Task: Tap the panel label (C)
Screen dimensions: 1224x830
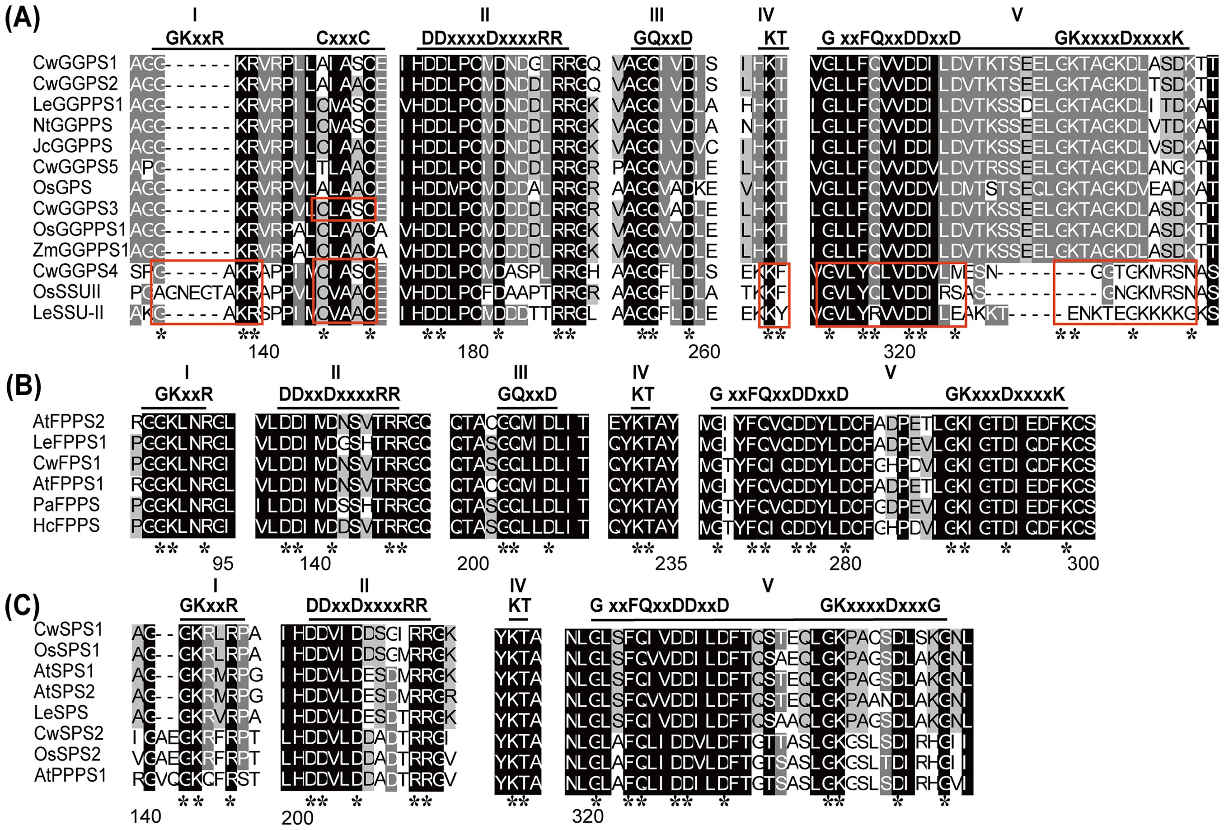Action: (22, 607)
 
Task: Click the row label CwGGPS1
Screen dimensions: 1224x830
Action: (75, 63)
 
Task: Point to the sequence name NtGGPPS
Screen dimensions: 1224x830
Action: (73, 125)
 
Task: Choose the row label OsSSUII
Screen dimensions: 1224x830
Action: (66, 292)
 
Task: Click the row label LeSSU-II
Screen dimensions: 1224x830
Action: (69, 313)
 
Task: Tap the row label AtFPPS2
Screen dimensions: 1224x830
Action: (69, 421)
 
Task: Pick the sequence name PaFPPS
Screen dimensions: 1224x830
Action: (66, 505)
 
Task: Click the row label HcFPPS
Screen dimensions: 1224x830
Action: (66, 525)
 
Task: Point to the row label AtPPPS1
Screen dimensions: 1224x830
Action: (70, 775)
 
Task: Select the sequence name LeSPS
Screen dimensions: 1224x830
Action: (61, 712)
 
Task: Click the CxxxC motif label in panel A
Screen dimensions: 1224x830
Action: (343, 38)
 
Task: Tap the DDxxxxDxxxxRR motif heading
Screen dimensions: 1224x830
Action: (492, 38)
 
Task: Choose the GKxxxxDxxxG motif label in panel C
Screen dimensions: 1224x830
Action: (880, 605)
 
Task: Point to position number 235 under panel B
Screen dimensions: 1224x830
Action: (671, 563)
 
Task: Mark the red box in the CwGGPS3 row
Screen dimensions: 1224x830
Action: (343, 209)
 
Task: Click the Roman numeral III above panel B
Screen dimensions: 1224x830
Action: (520, 372)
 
